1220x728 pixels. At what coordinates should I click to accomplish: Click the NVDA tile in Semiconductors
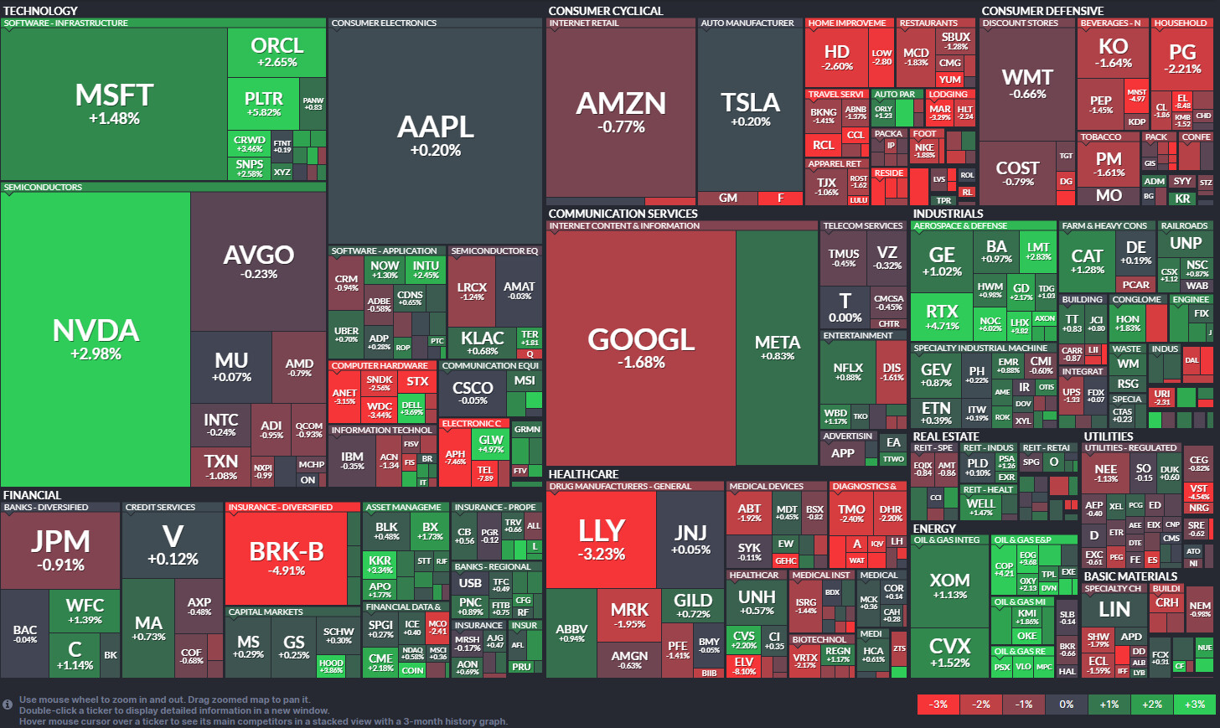pos(96,338)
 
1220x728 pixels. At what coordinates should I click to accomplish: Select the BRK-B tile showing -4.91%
pos(287,558)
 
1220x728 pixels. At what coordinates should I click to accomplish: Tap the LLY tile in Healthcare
pos(601,539)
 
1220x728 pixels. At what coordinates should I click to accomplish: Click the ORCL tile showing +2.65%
pos(277,52)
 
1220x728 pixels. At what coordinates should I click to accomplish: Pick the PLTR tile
pos(263,103)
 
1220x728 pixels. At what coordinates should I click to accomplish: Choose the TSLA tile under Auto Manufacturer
pos(750,109)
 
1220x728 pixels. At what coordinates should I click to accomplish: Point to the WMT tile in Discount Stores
pos(1027,83)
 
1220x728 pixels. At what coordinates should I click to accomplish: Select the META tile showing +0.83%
pos(777,347)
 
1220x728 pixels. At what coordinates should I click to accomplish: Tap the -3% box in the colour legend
pos(938,705)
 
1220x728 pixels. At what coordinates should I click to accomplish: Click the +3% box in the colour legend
pos(1195,705)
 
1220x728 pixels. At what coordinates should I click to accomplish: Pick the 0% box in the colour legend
pos(1066,705)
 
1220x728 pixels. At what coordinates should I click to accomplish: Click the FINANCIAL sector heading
pos(32,495)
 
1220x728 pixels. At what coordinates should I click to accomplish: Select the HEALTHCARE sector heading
pos(583,474)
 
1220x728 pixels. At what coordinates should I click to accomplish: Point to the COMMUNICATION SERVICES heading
pos(623,214)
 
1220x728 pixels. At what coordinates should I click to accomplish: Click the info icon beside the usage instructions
pos(8,705)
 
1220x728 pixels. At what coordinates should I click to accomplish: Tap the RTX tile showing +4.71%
pos(941,317)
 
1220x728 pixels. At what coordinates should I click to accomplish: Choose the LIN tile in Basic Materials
pos(1114,610)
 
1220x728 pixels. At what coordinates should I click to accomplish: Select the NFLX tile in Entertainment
pos(848,371)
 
